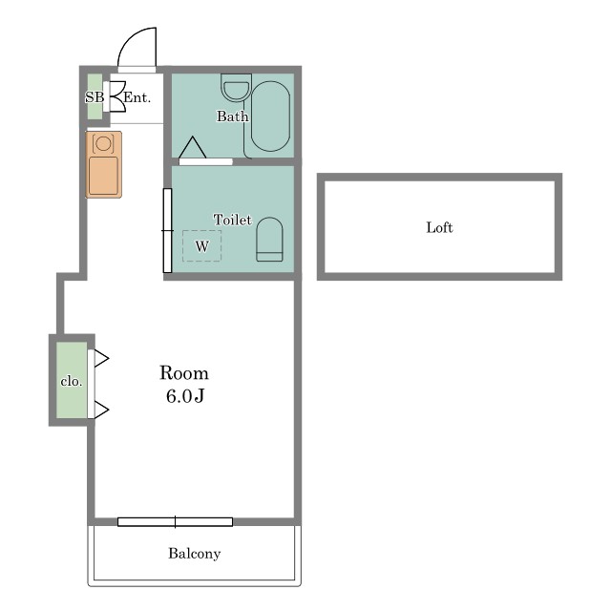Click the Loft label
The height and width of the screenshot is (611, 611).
click(x=439, y=227)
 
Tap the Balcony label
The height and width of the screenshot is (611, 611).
click(x=195, y=554)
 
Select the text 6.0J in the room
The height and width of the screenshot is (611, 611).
click(x=185, y=396)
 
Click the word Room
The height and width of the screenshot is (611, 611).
click(x=184, y=373)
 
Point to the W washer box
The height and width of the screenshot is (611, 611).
click(x=201, y=246)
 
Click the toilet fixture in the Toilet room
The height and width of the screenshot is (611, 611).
click(x=269, y=240)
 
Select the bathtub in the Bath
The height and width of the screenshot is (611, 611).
click(x=270, y=116)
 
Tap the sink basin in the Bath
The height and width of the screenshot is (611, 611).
click(x=236, y=88)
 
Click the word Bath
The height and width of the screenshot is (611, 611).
click(x=232, y=116)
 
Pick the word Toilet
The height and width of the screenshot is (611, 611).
click(x=233, y=221)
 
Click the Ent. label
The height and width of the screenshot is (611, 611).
click(x=137, y=97)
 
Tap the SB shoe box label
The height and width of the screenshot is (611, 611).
click(x=95, y=97)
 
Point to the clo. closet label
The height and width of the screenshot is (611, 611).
click(x=72, y=382)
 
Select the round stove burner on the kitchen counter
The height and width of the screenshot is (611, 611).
click(x=103, y=143)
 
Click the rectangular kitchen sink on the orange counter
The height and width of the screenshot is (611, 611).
click(x=103, y=176)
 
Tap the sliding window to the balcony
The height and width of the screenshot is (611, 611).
click(x=175, y=522)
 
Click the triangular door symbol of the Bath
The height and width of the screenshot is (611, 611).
click(x=193, y=147)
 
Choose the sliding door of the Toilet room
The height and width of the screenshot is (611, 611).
click(x=167, y=230)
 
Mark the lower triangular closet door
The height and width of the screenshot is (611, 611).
click(x=101, y=410)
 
